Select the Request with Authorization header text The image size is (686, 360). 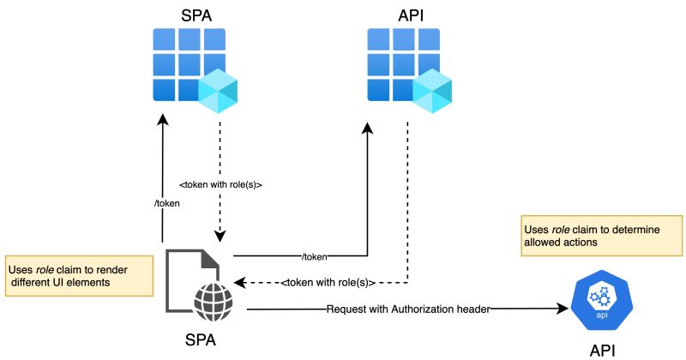[407, 309]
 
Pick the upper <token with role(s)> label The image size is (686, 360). [220, 183]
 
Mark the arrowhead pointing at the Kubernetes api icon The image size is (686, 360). [565, 309]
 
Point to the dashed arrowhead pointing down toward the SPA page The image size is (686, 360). [220, 237]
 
